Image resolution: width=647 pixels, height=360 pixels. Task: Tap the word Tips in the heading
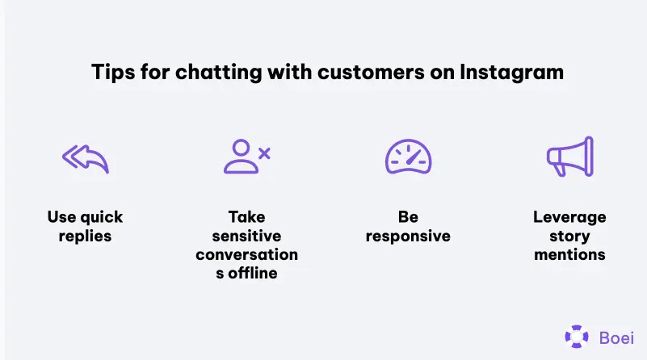[x=107, y=73]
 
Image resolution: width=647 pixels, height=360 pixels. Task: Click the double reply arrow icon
[x=85, y=158]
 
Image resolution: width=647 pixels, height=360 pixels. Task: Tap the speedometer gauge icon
[x=408, y=157]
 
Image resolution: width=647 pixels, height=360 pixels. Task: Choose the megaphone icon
[x=569, y=157]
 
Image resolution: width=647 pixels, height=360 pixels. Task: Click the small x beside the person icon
[x=263, y=151]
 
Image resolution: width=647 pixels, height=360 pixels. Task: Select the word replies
[x=85, y=237]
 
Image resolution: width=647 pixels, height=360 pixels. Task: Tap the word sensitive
[x=246, y=237]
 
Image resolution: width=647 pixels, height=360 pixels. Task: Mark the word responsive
[x=408, y=237]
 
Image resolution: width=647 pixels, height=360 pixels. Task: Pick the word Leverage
[x=569, y=218]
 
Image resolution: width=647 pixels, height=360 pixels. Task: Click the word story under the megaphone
[x=569, y=237]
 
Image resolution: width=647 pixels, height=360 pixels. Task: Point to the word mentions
[x=569, y=255]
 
